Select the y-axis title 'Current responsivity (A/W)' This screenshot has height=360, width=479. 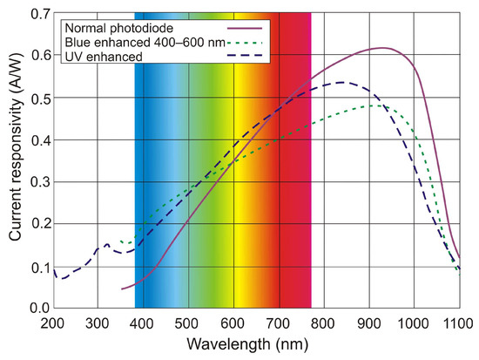pyautogui.click(x=15, y=161)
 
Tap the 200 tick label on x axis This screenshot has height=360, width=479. pyautogui.click(x=53, y=324)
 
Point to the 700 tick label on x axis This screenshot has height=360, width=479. pyautogui.click(x=279, y=324)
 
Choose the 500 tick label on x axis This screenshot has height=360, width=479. pyautogui.click(x=188, y=324)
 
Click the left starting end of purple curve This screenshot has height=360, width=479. pyautogui.click(x=121, y=289)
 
